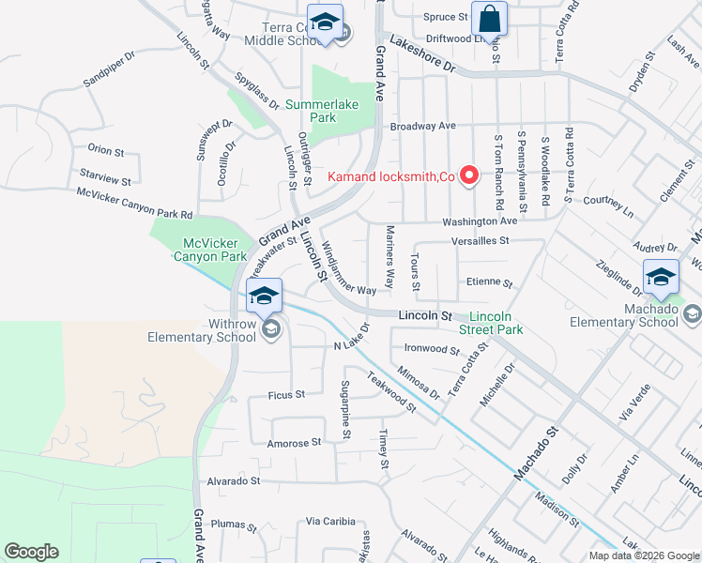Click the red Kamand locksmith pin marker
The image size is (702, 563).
[467, 175]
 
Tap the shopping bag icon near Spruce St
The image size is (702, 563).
[489, 19]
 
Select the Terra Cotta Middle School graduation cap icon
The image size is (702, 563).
[325, 23]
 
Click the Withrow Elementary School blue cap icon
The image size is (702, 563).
[265, 297]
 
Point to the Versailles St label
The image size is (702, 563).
[479, 240]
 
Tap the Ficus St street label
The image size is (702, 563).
[287, 395]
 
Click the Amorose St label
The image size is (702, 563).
[295, 442]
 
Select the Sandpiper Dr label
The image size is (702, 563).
[109, 68]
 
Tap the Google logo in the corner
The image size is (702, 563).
[31, 552]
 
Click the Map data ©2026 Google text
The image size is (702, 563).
[643, 555]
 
